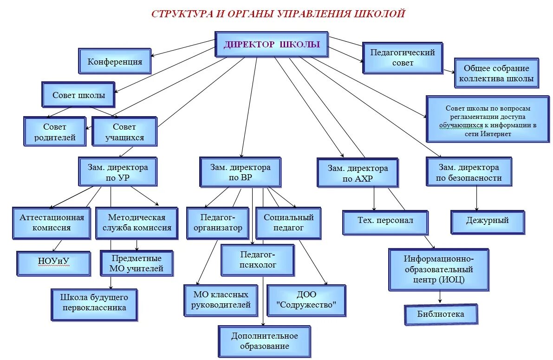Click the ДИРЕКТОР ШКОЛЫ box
coord(272,45)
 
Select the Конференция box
coord(115,61)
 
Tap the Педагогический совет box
coord(403,58)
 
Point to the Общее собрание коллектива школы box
coord(496,73)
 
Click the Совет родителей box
coord(55,131)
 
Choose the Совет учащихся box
coord(124,131)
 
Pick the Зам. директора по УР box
coord(117,172)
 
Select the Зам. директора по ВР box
coord(240,172)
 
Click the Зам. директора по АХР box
coord(358,173)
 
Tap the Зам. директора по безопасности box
coord(468,172)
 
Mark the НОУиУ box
coord(53,263)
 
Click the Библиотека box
coord(441,314)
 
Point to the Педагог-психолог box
coord(257,260)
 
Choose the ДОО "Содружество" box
coord(306,301)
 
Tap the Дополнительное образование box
coord(265,341)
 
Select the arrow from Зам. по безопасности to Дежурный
coord(476,198)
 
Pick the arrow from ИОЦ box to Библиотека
coord(440,297)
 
